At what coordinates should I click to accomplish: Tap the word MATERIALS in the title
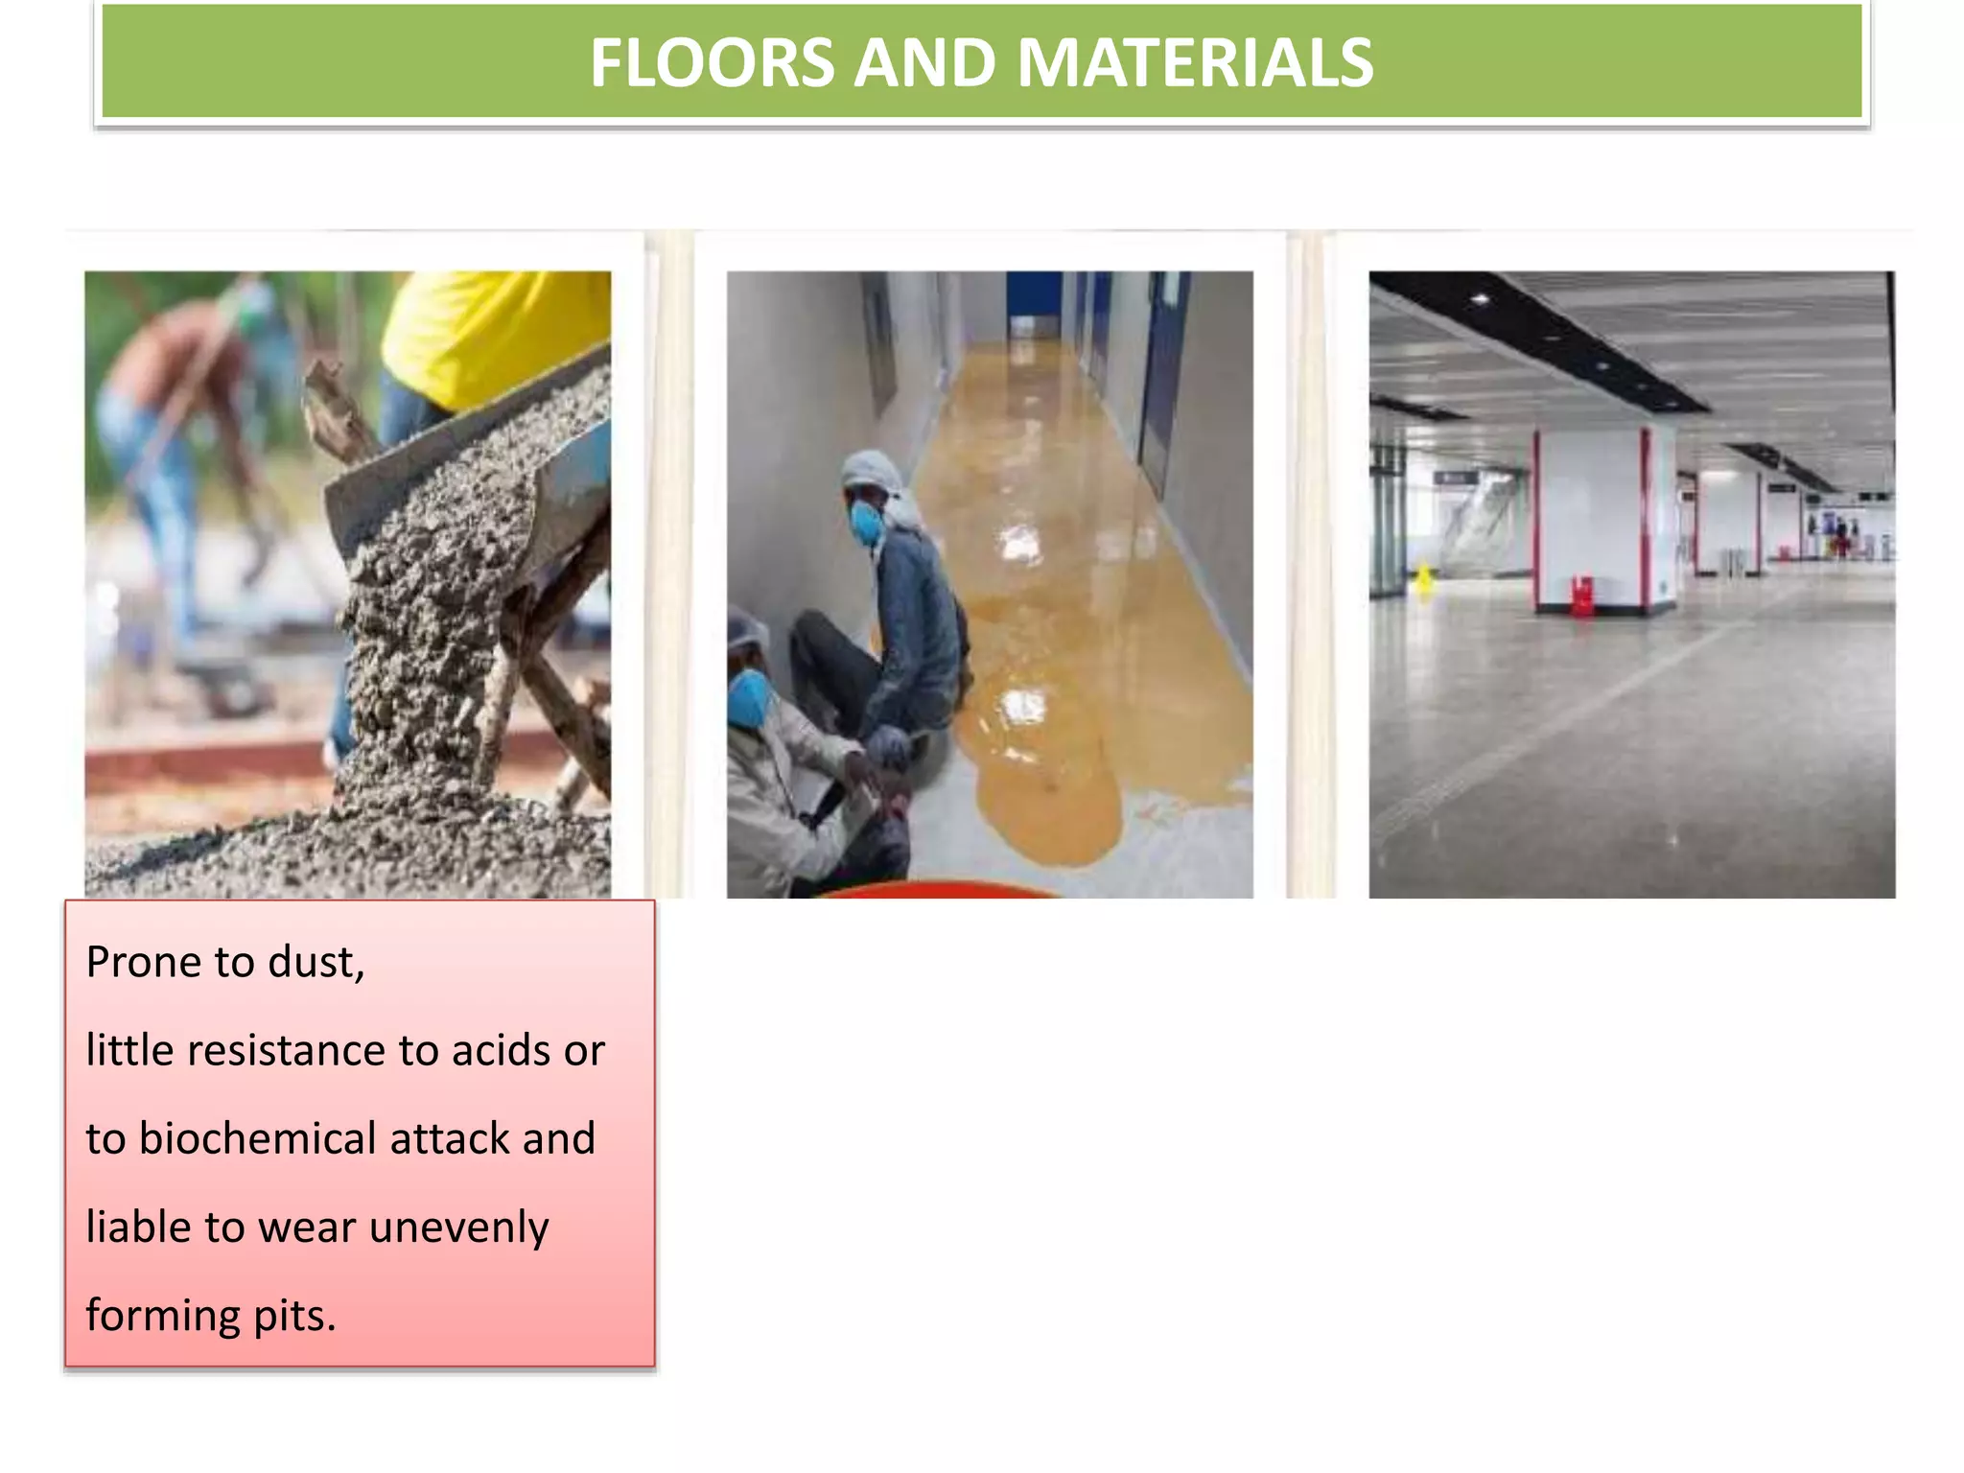[x=1195, y=63]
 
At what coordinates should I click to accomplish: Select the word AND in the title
[x=924, y=63]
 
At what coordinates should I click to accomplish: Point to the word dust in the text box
[x=315, y=962]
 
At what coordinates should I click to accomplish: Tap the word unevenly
[x=458, y=1227]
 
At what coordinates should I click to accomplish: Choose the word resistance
[x=286, y=1051]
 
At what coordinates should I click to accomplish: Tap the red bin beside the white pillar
[x=1580, y=595]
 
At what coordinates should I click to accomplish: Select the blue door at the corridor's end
[x=1034, y=302]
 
